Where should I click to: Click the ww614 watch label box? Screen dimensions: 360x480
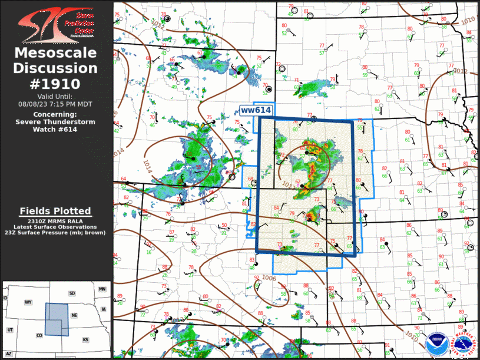pyautogui.click(x=256, y=111)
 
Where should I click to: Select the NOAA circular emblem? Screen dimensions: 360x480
pyautogui.click(x=436, y=341)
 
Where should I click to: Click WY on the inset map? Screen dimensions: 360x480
pyautogui.click(x=28, y=302)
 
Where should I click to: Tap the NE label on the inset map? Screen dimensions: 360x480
pyautogui.click(x=75, y=315)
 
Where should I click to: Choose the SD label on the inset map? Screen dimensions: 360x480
pyautogui.click(x=72, y=293)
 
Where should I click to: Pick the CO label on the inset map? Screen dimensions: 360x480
pyautogui.click(x=39, y=336)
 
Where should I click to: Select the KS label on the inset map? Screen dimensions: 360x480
pyautogui.click(x=85, y=340)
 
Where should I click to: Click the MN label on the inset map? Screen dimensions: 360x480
pyautogui.click(x=102, y=289)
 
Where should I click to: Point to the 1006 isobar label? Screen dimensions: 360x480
pyautogui.click(x=269, y=278)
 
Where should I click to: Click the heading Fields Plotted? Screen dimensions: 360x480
pyautogui.click(x=55, y=211)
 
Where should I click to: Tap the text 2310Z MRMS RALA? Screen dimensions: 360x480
pyautogui.click(x=55, y=220)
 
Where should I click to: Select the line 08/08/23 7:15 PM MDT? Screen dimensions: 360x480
pyautogui.click(x=55, y=104)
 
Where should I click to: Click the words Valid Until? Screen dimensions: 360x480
pyautogui.click(x=55, y=97)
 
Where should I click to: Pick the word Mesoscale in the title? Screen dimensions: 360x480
pyautogui.click(x=55, y=54)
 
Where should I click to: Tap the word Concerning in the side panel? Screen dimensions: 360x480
pyautogui.click(x=55, y=114)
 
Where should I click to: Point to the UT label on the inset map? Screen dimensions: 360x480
pyautogui.click(x=10, y=330)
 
